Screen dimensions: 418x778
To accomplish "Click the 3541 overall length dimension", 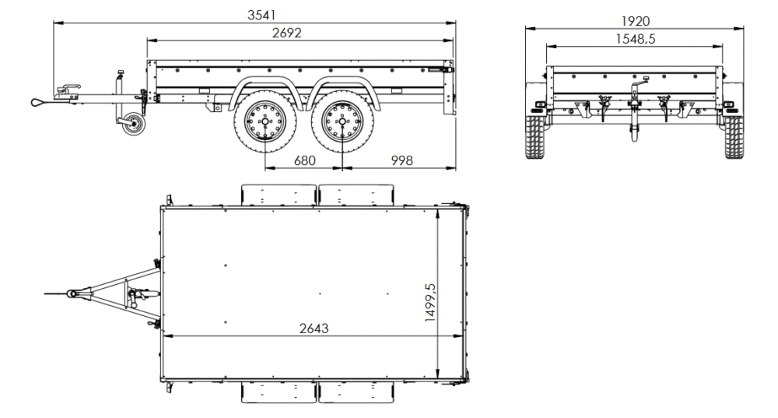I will coord(261,14).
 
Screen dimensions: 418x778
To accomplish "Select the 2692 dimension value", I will coord(287,33).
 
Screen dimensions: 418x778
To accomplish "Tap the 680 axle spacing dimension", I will coord(304,160).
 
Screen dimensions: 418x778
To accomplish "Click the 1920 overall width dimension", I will coord(635,21).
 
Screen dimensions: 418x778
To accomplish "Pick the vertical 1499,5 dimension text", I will coord(430,302).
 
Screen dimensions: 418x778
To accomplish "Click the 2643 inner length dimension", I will coord(314,328).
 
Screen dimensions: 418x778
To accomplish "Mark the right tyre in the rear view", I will coord(734,136).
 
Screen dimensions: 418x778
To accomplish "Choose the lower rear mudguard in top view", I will coord(356,392).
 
